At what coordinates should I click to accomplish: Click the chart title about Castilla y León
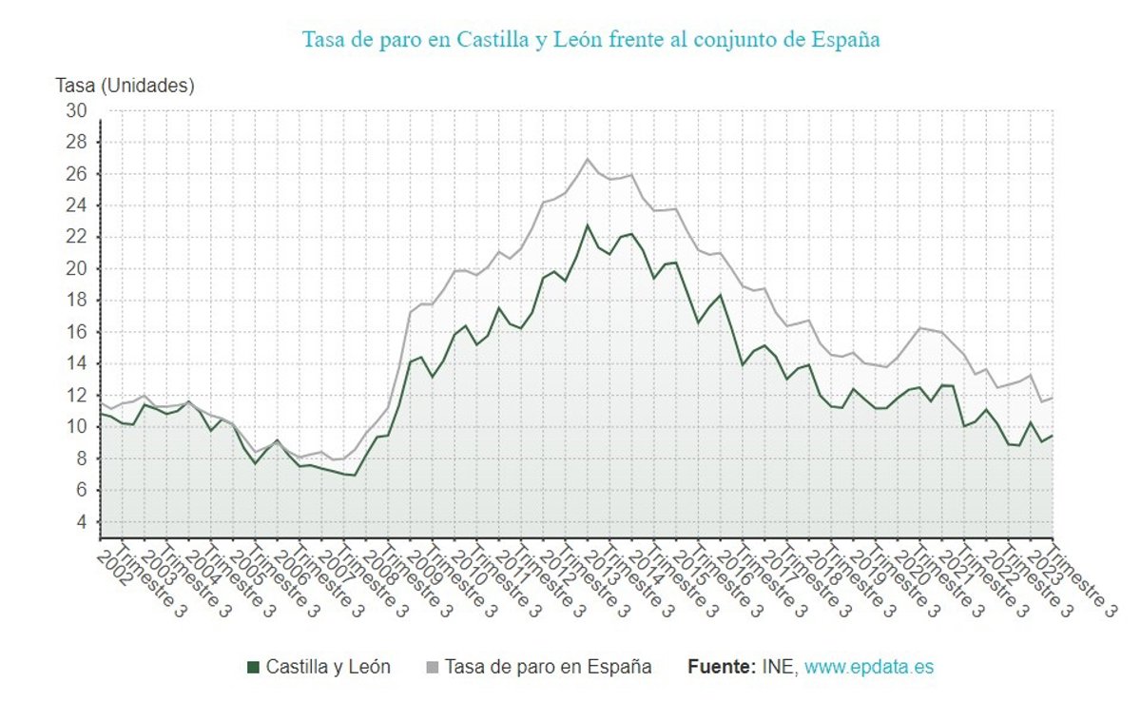590,40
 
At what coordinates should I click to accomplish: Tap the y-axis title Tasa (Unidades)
126,86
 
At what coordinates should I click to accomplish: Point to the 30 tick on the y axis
76,111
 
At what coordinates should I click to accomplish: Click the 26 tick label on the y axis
76,174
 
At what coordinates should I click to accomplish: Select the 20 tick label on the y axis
76,268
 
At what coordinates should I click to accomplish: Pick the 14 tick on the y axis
76,363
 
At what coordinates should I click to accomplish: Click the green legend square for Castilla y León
253,668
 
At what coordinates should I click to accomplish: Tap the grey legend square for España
432,668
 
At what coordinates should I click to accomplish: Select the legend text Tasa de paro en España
549,668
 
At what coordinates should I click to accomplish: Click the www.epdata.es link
869,668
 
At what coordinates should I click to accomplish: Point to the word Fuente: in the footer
722,668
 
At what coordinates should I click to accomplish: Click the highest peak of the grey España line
588,159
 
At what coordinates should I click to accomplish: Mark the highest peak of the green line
588,225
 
